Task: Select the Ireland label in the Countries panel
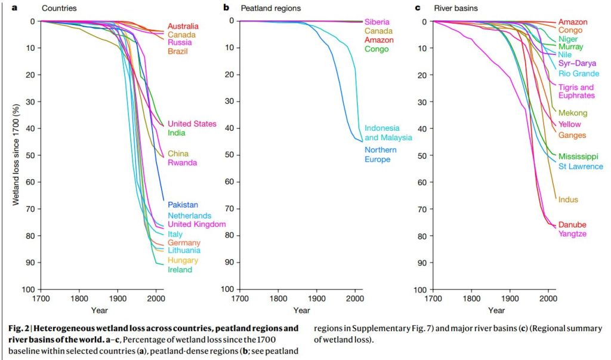click(180, 270)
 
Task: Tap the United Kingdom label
click(196, 224)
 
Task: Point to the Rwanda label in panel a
click(182, 163)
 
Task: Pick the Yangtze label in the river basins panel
click(572, 234)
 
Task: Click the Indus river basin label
click(568, 200)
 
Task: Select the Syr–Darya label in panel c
click(576, 64)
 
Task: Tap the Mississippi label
click(579, 157)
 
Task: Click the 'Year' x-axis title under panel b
click(301, 310)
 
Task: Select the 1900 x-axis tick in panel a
click(118, 298)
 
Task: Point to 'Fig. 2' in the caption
click(21, 328)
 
